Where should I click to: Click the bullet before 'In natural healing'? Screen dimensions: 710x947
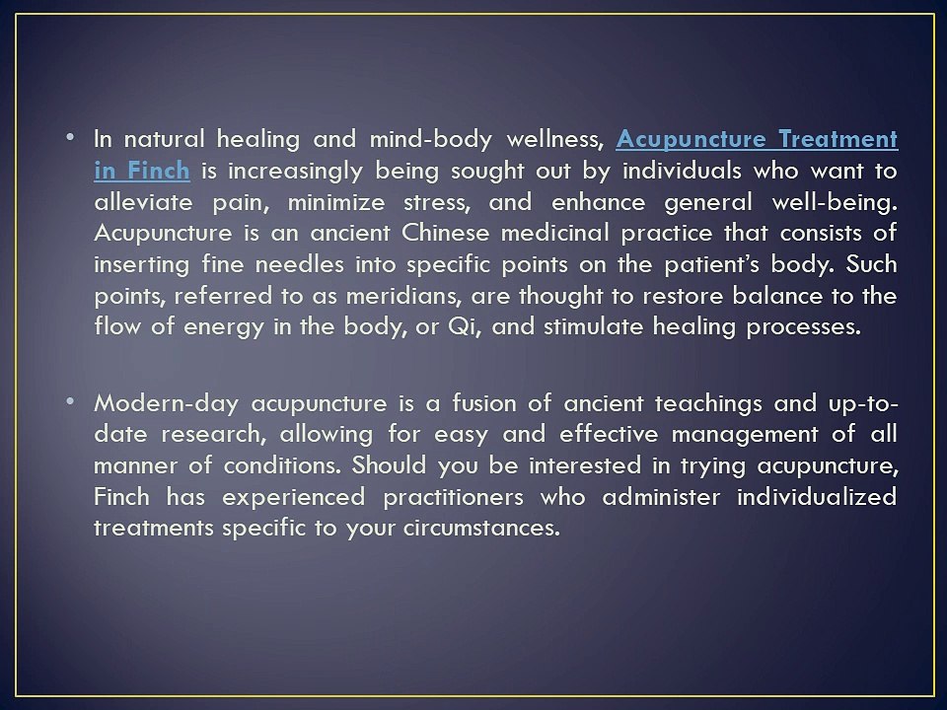(x=77, y=137)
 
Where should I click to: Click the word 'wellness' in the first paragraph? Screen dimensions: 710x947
(x=551, y=139)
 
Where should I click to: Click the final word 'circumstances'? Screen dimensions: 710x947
(x=478, y=529)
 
